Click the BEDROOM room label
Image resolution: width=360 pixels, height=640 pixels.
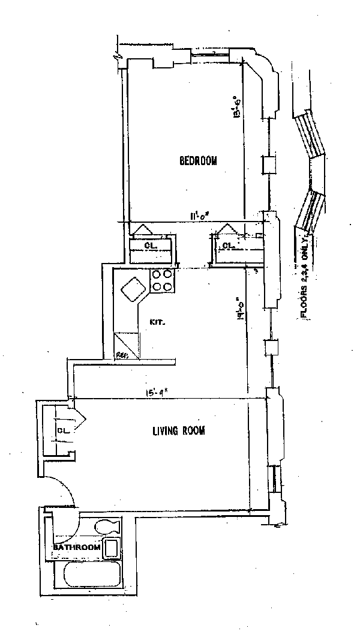click(197, 160)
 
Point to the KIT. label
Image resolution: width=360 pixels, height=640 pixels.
click(157, 322)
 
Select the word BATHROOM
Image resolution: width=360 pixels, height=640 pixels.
click(76, 548)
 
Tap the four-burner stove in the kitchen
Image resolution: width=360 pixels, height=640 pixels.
click(162, 280)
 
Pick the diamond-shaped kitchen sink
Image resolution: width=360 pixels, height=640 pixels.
click(134, 291)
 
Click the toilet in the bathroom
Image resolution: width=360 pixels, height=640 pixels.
click(107, 528)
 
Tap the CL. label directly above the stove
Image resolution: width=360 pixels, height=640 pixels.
click(151, 246)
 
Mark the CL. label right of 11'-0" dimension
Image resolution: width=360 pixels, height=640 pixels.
click(227, 246)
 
